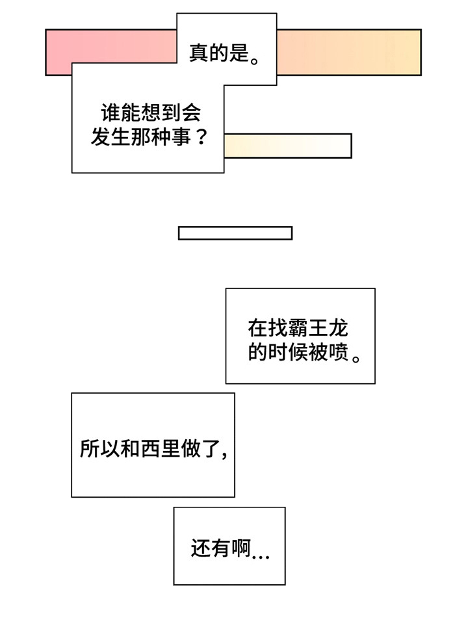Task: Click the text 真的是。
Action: (225, 53)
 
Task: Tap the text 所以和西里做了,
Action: (153, 448)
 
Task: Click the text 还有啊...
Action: (221, 549)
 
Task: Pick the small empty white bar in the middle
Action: (235, 233)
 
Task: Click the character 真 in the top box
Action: (198, 53)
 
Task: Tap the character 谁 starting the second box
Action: (110, 114)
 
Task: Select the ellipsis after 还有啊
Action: (260, 554)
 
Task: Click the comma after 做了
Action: (224, 453)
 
